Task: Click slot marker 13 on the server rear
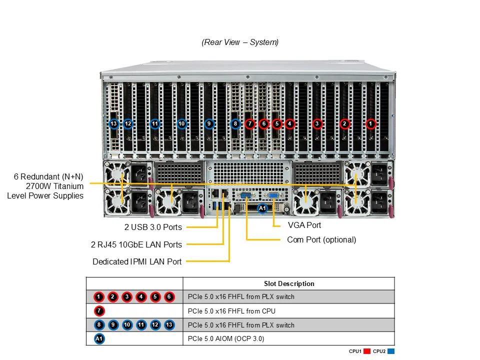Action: (114, 123)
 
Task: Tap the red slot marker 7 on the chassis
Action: (250, 123)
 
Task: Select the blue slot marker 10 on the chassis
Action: (182, 123)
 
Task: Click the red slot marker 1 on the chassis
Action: (370, 123)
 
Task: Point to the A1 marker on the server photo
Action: (262, 208)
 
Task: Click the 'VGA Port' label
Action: (305, 225)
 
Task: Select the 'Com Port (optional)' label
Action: (321, 240)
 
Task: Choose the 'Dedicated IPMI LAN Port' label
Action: (137, 261)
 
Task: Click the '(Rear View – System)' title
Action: (240, 42)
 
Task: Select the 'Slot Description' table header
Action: (289, 283)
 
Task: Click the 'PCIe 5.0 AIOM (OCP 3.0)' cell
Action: (226, 339)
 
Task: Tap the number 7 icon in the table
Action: (99, 311)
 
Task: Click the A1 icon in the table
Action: (99, 339)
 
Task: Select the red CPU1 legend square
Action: (367, 351)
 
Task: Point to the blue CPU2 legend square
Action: (391, 351)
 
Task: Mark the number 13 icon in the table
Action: (169, 325)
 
